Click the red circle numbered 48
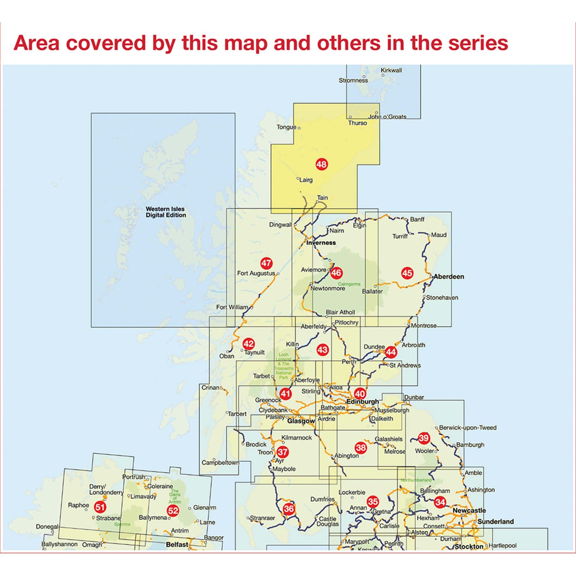pyautogui.click(x=321, y=164)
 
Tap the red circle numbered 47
pyautogui.click(x=266, y=263)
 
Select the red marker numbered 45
pyautogui.click(x=407, y=273)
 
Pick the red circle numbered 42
pyautogui.click(x=249, y=344)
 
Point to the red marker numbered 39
pyautogui.click(x=424, y=438)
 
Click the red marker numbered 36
pyautogui.click(x=289, y=508)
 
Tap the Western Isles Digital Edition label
pyautogui.click(x=165, y=212)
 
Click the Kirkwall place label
pyautogui.click(x=391, y=70)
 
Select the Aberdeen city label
pyautogui.click(x=449, y=276)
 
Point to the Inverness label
pyautogui.click(x=321, y=243)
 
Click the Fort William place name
pyautogui.click(x=232, y=307)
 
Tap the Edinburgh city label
pyautogui.click(x=363, y=402)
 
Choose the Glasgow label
pyautogui.click(x=301, y=421)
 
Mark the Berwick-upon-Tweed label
pyautogui.click(x=468, y=428)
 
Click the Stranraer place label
pyautogui.click(x=262, y=518)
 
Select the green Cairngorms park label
pyautogui.click(x=349, y=284)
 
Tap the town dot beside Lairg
pyautogui.click(x=298, y=178)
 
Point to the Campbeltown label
pyautogui.click(x=220, y=462)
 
